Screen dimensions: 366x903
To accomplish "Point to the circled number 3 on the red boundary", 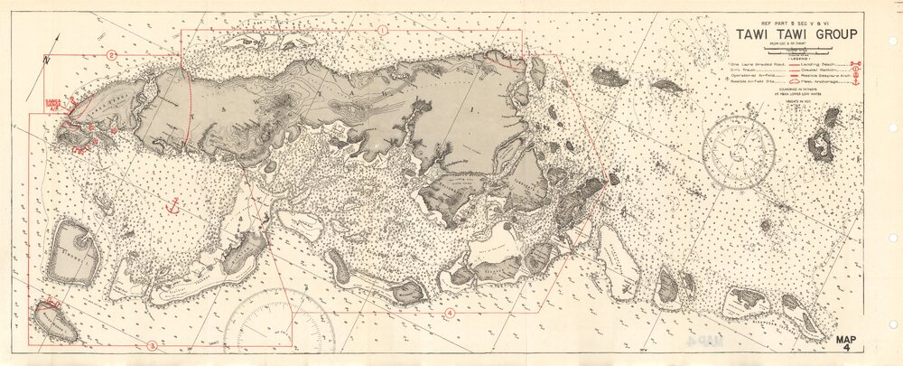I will [152, 345].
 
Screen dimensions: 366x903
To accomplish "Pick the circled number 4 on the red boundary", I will [450, 313].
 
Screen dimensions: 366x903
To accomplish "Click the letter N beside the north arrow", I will [47, 60].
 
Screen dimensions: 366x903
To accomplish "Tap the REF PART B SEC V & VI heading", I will [795, 21].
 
